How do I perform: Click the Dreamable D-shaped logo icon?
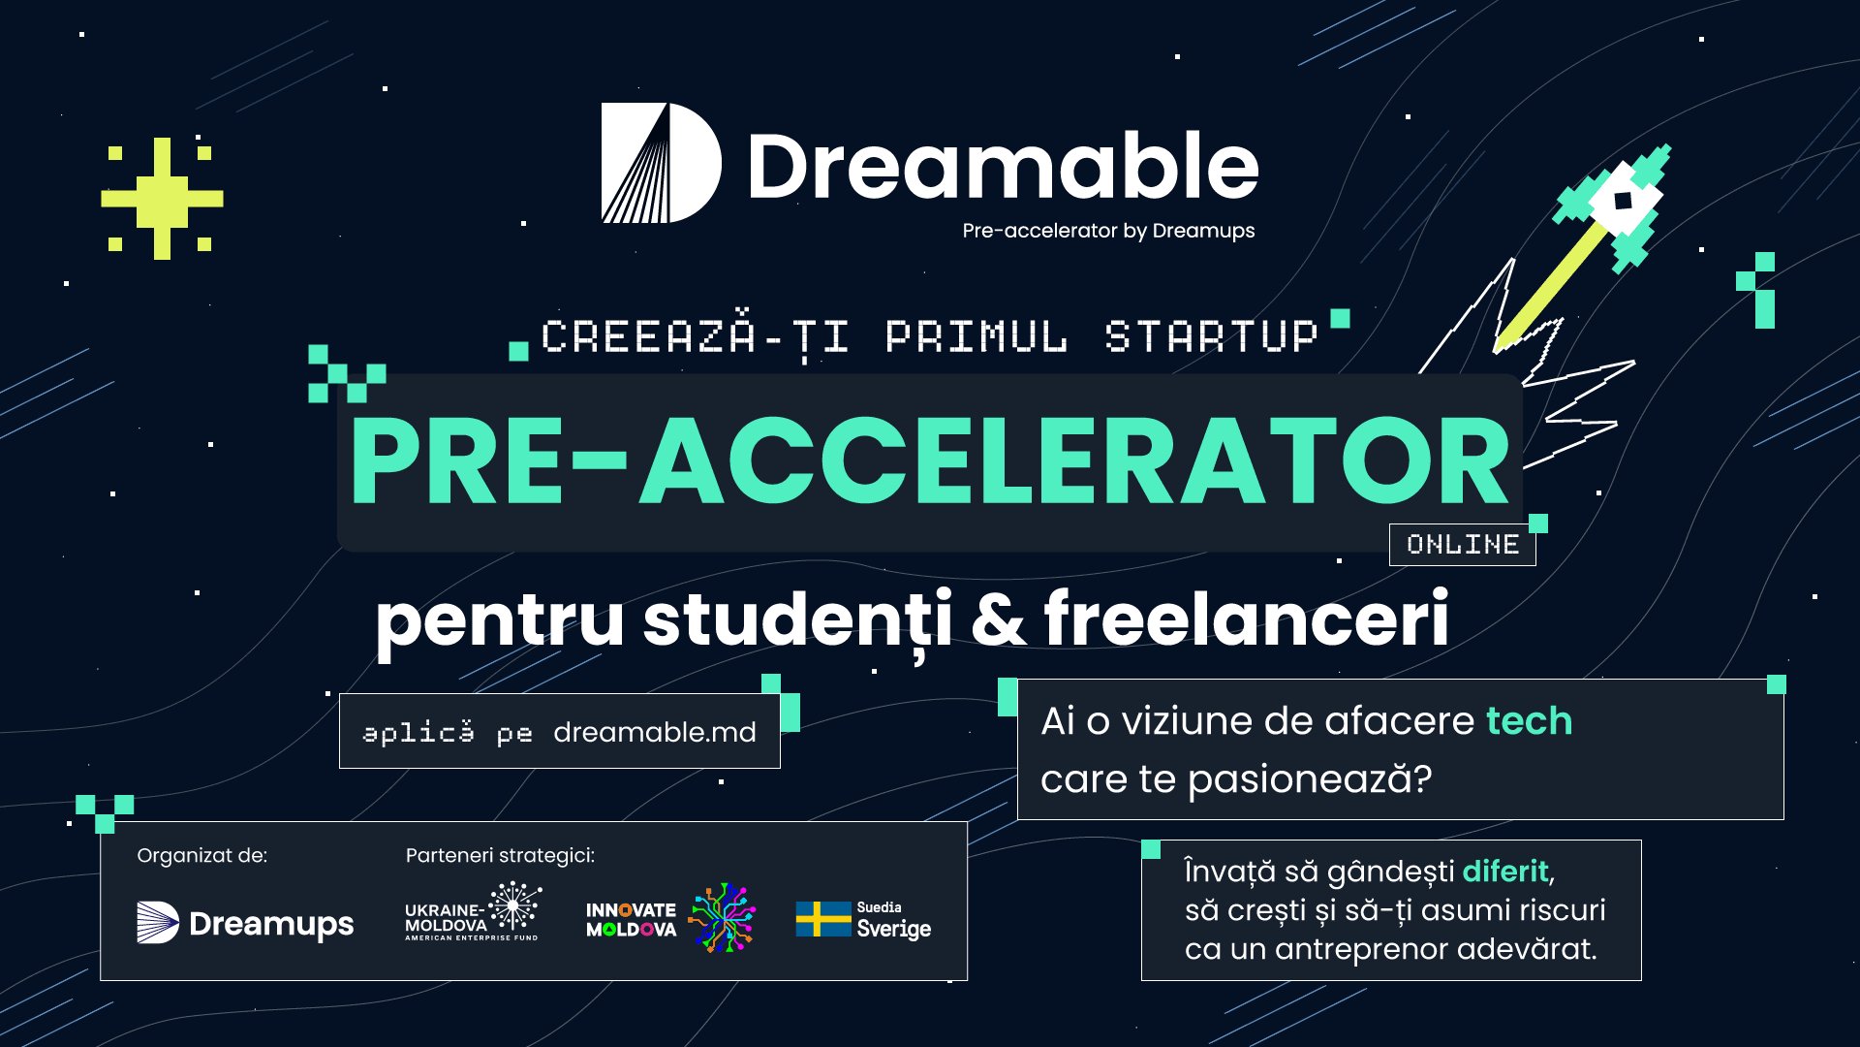[x=661, y=163]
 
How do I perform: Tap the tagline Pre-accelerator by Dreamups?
[x=1108, y=231]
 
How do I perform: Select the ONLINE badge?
[x=1463, y=545]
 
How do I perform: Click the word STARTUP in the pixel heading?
[x=1212, y=336]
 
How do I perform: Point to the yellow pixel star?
[x=162, y=199]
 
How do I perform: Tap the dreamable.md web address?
[x=655, y=732]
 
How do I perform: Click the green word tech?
[x=1529, y=721]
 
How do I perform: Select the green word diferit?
[x=1505, y=872]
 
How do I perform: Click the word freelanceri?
[x=1246, y=619]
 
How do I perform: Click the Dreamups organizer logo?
[x=245, y=923]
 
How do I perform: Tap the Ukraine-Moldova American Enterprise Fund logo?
[x=473, y=911]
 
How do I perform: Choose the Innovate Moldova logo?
[x=670, y=917]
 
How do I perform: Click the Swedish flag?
[x=823, y=919]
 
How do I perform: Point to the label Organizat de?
[x=202, y=856]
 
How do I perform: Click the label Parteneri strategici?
[x=500, y=856]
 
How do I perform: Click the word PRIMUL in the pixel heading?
[x=976, y=336]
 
